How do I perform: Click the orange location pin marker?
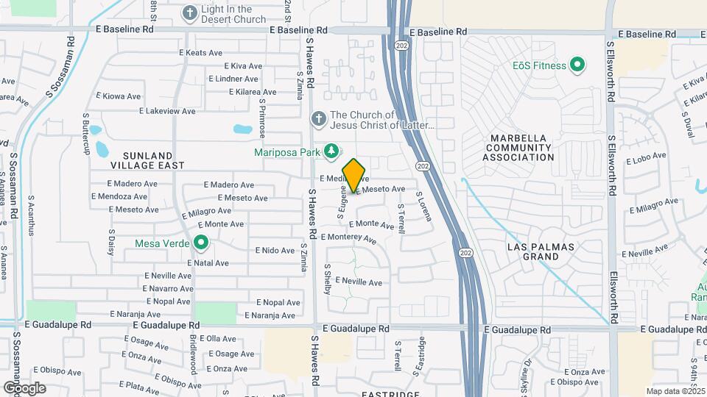[354, 175]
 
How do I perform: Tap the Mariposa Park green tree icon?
[331, 151]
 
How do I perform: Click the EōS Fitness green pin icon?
[577, 65]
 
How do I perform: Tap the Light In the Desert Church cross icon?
[189, 12]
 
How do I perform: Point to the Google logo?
[24, 387]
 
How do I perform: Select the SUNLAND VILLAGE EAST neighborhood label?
[138, 160]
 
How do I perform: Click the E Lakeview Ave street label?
[168, 111]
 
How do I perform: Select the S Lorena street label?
[423, 210]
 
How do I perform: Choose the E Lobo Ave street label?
[646, 159]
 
